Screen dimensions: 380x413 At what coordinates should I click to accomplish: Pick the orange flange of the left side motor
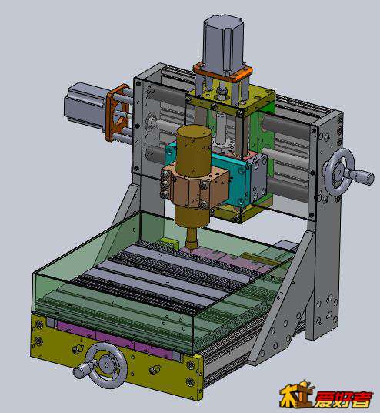116,112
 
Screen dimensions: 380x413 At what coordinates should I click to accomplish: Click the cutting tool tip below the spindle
191,247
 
